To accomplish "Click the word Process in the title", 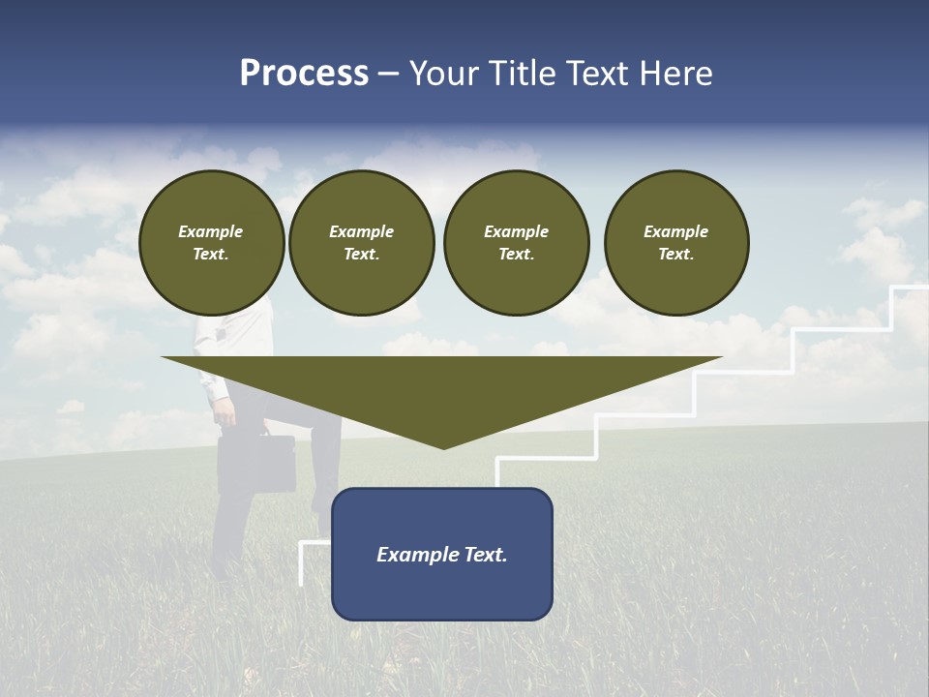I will [x=304, y=74].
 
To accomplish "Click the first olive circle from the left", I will [x=212, y=243].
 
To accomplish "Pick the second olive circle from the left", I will [x=362, y=243].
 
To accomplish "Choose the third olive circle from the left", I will [x=517, y=243].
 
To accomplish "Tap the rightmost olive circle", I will [x=676, y=243].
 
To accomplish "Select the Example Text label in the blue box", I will [x=442, y=555].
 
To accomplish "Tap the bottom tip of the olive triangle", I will [x=443, y=446].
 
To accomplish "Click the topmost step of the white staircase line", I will [x=910, y=288].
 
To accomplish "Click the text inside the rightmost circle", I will [x=676, y=243].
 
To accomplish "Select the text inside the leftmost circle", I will [x=211, y=243].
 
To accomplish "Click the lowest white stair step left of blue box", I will [x=315, y=544].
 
